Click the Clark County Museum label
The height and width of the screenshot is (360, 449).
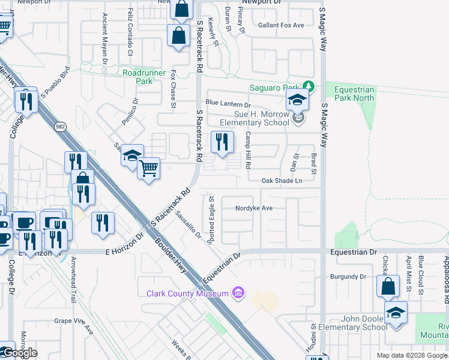click(x=188, y=293)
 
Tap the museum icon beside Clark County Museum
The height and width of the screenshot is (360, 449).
click(x=238, y=293)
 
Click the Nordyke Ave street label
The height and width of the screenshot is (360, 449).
click(x=255, y=208)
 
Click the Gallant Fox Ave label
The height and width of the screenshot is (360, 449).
click(x=281, y=25)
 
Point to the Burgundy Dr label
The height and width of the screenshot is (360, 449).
click(x=348, y=277)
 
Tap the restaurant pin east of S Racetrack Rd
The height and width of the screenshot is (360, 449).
click(x=222, y=143)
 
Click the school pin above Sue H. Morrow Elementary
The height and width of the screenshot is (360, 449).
click(x=297, y=100)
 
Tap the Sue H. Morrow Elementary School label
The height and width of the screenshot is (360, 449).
click(x=253, y=118)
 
